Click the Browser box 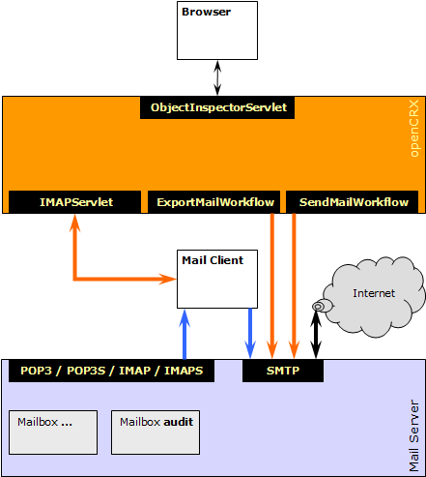coord(217,30)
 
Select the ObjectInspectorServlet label coord(217,107)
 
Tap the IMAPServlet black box coord(74,202)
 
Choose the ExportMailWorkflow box coord(213,202)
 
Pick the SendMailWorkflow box coord(353,202)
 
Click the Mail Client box coord(217,279)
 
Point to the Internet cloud coord(374,295)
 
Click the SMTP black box coord(283,371)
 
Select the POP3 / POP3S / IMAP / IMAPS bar coord(111,371)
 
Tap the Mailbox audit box coord(156,432)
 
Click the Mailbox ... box coord(53,432)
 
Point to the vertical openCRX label coord(414,129)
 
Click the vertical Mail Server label coord(414,435)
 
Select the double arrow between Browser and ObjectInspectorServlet coord(217,78)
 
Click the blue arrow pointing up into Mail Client coord(185,334)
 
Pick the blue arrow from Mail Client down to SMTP coord(250,334)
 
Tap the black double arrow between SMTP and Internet coord(316,335)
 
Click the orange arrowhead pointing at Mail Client coord(167,279)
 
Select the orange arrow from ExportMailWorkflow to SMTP coord(272,285)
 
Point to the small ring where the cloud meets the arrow coord(318,307)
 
